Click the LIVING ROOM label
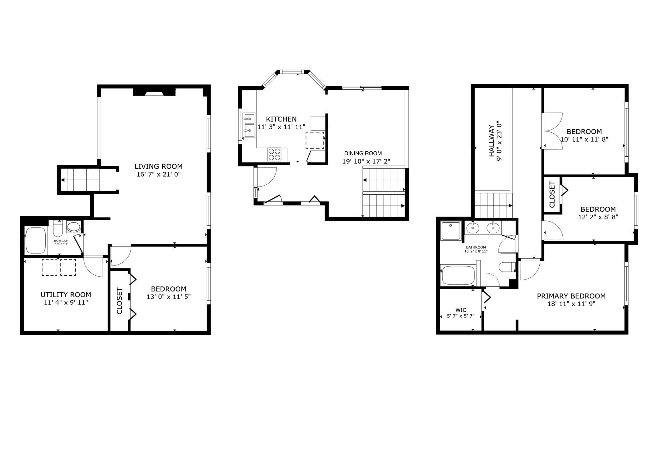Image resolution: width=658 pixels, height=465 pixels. pos(158,166)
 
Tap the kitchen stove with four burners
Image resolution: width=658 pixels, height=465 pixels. pos(274,155)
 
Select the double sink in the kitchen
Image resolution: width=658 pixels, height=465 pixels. pos(249,126)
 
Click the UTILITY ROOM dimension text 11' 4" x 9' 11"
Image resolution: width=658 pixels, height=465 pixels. pos(66,303)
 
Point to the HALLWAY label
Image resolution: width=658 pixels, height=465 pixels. pos(491,141)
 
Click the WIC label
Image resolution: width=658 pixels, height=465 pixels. pos(461,310)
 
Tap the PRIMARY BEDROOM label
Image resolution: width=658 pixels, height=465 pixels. pos(571,296)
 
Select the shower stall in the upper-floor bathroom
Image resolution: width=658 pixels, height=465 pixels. pos(451,231)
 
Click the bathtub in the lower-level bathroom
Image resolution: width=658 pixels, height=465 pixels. pos(36,240)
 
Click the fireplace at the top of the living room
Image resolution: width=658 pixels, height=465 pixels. pos(154,92)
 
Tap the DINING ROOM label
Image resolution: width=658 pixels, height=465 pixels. pos(363,153)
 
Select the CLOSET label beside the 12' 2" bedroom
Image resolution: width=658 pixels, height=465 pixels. pos(552,194)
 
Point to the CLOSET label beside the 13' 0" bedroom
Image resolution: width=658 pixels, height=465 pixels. pos(119,301)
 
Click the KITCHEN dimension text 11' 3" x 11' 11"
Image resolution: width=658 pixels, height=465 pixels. pos(281,127)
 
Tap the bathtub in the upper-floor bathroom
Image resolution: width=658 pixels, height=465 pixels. pos(458,275)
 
